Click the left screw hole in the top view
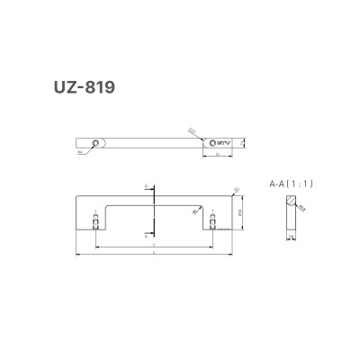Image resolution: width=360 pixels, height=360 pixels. (x=96, y=141)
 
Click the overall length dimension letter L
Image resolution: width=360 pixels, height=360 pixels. (x=155, y=255)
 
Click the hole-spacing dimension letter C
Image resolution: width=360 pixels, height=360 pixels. (x=155, y=244)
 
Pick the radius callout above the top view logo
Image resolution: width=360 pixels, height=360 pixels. (x=192, y=130)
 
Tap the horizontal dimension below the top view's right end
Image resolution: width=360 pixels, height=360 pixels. (x=220, y=155)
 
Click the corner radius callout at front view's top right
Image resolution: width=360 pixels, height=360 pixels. (x=236, y=188)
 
